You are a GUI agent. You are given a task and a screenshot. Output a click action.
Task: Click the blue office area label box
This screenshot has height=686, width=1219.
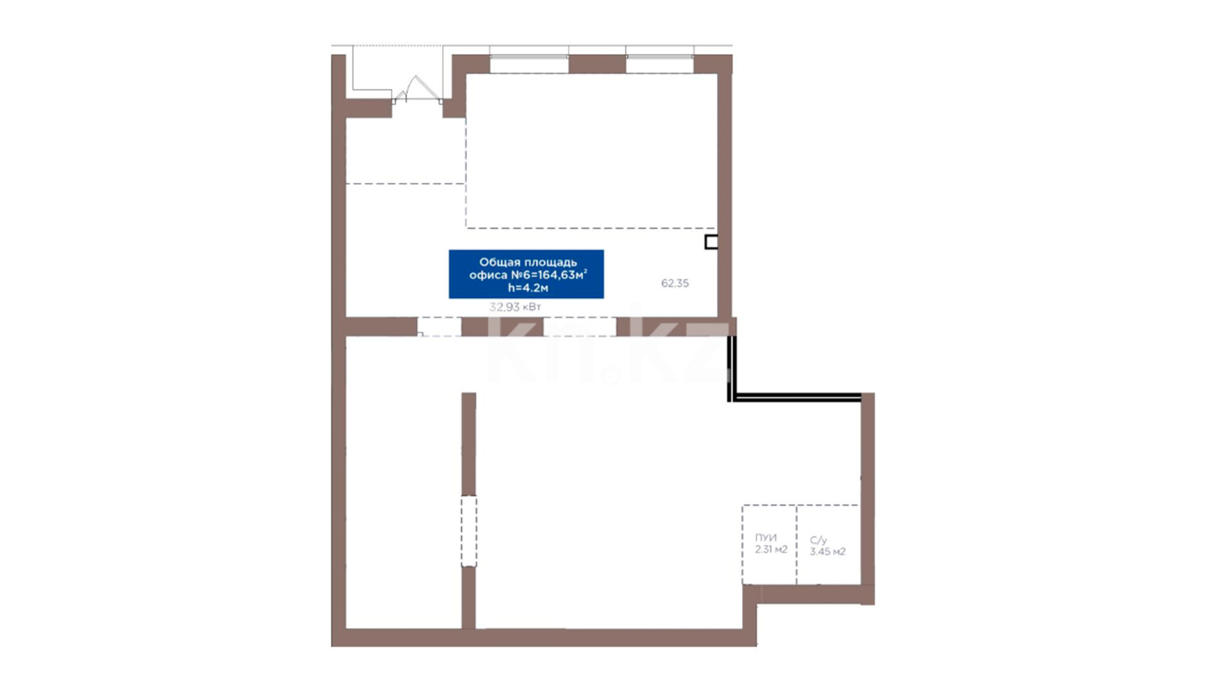526,274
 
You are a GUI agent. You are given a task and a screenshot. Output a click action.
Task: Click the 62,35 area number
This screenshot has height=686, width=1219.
675,283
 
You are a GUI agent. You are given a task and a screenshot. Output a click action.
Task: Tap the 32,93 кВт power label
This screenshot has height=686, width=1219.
515,307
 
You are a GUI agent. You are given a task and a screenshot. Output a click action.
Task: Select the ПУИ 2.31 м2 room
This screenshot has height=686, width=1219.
769,544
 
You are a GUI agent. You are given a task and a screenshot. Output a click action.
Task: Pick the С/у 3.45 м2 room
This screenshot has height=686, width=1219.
828,544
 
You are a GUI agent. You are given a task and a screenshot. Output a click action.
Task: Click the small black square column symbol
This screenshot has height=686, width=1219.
711,242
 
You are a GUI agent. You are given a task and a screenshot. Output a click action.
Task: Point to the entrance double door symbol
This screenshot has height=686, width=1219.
416,90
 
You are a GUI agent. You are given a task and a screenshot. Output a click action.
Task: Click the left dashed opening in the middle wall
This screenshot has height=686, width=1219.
439,326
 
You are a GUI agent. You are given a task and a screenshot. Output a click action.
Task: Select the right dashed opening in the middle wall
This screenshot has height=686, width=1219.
580,326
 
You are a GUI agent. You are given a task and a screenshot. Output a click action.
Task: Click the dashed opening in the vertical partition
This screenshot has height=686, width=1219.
469,531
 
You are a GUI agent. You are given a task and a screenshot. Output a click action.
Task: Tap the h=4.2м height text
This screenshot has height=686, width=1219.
528,288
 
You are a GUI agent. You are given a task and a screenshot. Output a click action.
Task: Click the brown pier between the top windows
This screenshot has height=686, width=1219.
597,64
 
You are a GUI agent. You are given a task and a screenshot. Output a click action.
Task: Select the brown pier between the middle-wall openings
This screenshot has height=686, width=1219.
502,326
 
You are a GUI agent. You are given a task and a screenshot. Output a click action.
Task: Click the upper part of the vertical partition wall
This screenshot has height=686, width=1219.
469,444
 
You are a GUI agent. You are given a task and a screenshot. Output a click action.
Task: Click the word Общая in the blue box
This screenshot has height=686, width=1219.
500,262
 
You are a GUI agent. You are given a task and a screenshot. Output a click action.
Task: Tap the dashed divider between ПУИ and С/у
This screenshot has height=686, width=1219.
797,544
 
